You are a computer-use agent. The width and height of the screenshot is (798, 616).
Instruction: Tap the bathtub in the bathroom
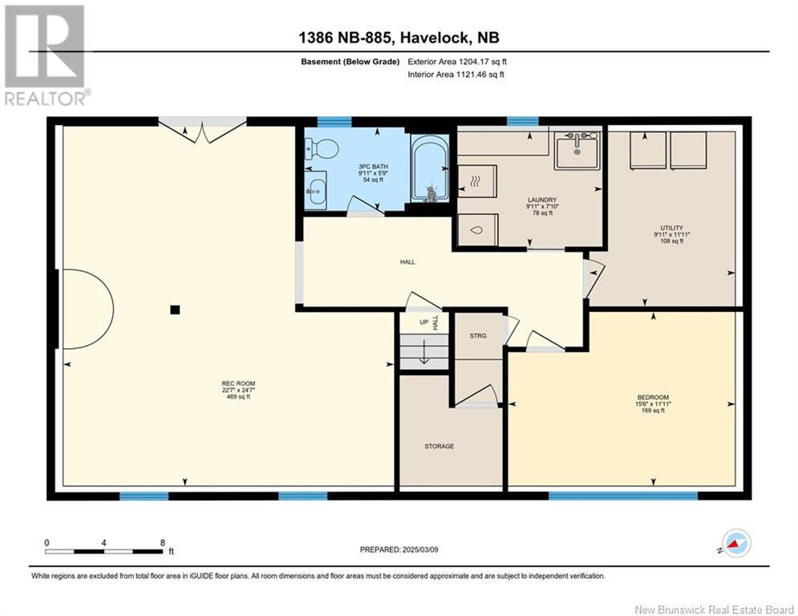pyautogui.click(x=430, y=168)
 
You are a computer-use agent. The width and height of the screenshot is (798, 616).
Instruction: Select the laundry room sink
pyautogui.click(x=577, y=150)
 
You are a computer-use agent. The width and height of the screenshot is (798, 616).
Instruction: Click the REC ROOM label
pyautogui.click(x=238, y=383)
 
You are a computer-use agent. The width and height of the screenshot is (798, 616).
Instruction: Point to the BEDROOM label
pyautogui.click(x=653, y=397)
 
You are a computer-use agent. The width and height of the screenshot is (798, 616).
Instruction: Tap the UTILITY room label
pyautogui.click(x=672, y=228)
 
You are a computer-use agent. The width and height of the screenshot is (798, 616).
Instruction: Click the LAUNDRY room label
pyautogui.click(x=542, y=200)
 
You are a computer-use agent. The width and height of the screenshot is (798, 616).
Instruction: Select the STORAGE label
pyautogui.click(x=440, y=446)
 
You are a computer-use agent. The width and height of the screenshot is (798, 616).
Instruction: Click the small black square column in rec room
pyautogui.click(x=175, y=310)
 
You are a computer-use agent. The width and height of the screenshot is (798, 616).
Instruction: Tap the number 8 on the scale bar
pyautogui.click(x=162, y=543)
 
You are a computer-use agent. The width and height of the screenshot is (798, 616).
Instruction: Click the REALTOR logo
pyautogui.click(x=45, y=55)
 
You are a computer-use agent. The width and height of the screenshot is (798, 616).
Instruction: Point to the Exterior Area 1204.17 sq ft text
pyautogui.click(x=457, y=62)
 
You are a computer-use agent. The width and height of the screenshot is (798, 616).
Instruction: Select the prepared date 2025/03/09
pyautogui.click(x=420, y=549)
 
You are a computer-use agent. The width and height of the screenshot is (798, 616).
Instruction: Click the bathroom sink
pyautogui.click(x=316, y=189)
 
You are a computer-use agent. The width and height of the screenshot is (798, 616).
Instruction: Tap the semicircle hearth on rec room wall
pyautogui.click(x=86, y=309)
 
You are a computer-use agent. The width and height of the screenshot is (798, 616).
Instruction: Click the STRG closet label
pyautogui.click(x=478, y=335)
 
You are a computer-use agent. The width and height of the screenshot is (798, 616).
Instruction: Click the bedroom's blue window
pyautogui.click(x=623, y=496)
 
